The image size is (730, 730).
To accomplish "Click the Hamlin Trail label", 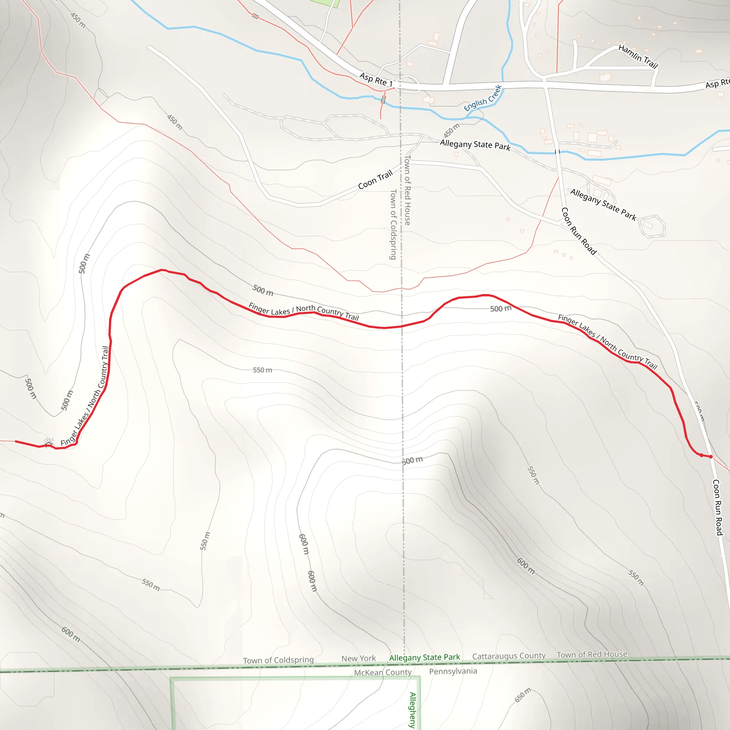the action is pos(638,56).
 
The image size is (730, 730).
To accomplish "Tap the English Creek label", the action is pos(483,98).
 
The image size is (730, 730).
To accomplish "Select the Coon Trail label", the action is pos(375,180).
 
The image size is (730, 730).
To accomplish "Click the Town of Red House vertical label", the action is pos(407,190).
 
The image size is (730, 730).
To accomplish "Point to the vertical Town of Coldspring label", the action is pos(393,225).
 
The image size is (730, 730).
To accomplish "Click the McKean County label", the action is pos(382,673).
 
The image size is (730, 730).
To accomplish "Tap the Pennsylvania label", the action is pos(453,671).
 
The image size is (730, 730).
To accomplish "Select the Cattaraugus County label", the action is pos(509,656).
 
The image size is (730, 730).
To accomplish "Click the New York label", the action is pos(358,659).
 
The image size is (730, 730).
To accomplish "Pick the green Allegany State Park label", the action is pos(424,657).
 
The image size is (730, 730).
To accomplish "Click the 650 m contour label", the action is pos(523,695).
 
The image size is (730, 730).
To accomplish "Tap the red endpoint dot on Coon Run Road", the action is pos(711,457).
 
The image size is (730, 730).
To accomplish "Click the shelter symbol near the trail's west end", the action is pos(48,442).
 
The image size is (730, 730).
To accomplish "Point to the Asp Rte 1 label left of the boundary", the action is pos(376,80).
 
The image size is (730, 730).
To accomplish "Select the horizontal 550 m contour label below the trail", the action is pos(262,370).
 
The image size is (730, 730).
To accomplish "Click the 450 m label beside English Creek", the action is pos(452,130).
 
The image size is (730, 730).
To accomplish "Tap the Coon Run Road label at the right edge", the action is pos(718,507).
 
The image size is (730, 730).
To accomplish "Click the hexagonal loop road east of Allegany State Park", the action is pos(652,226).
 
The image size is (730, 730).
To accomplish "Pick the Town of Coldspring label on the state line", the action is pos(278,660).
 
